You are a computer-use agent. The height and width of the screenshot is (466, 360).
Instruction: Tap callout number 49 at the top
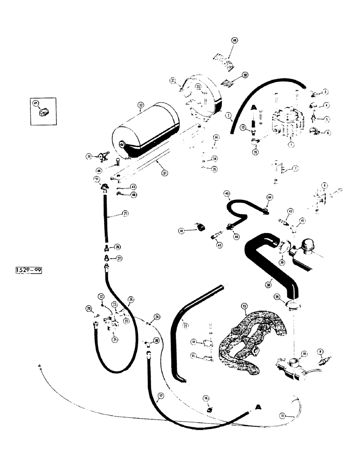235,41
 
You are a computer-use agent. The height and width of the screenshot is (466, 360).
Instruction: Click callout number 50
245,75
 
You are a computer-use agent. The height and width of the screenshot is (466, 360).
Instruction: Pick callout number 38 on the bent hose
268,283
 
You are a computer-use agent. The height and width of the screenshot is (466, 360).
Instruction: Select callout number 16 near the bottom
206,398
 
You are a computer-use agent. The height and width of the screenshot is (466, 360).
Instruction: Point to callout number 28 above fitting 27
118,246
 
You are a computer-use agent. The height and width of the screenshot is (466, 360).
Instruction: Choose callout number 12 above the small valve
101,296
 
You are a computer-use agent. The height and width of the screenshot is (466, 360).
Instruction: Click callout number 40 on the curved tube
227,193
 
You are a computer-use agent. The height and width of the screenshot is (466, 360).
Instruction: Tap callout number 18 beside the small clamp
181,230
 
